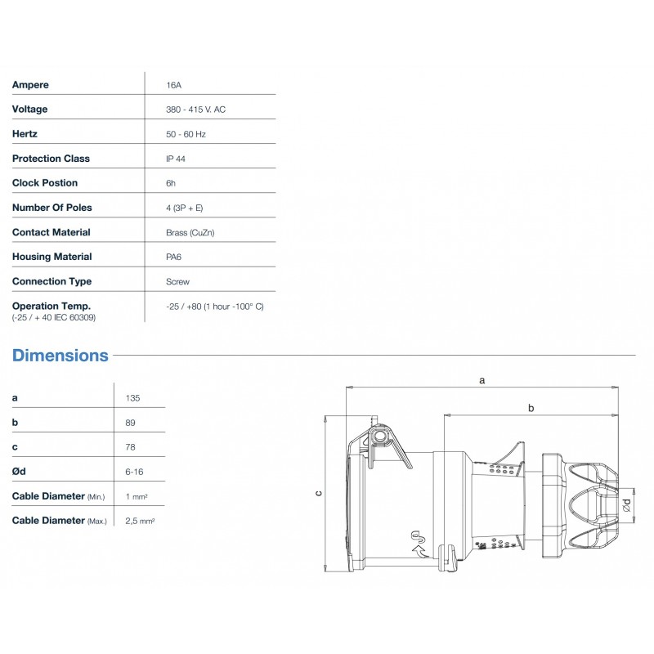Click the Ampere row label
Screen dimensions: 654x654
(x=30, y=85)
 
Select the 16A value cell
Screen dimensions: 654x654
(x=173, y=85)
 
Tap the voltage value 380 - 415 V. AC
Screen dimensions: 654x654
(x=195, y=110)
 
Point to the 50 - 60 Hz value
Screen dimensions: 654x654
(x=186, y=134)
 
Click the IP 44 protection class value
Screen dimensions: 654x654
(x=175, y=159)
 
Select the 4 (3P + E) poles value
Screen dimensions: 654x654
(x=184, y=208)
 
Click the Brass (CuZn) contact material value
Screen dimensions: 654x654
(x=190, y=232)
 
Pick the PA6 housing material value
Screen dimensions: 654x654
(x=174, y=257)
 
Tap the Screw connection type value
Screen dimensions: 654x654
(x=177, y=281)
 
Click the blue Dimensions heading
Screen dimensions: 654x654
(x=60, y=356)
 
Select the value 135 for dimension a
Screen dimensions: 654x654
(x=133, y=398)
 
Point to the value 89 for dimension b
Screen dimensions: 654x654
(x=131, y=423)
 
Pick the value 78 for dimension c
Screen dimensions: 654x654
(x=131, y=447)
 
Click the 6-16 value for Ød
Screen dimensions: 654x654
(x=134, y=472)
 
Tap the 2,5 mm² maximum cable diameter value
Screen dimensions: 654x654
(x=141, y=521)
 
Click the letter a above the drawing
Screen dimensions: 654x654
(x=482, y=380)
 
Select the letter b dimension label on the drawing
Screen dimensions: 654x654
(x=531, y=407)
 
